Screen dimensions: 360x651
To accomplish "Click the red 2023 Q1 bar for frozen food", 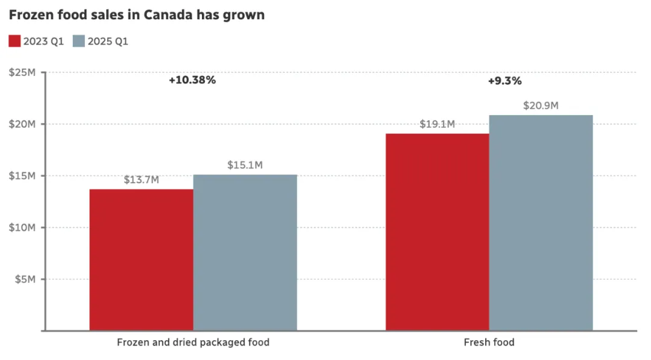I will (x=142, y=260).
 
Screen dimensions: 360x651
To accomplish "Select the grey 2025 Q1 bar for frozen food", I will (x=245, y=253).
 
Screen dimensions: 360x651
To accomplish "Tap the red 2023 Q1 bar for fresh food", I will (x=438, y=232).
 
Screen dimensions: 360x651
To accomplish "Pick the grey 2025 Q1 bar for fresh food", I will (x=541, y=223).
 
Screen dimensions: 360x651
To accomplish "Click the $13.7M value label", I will (x=142, y=180).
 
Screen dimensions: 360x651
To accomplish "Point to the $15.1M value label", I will (x=245, y=165).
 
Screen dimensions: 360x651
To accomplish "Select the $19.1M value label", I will (x=438, y=124).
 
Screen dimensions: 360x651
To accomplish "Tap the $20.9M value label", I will (x=541, y=106).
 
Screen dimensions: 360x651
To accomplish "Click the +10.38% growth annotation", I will (x=192, y=80).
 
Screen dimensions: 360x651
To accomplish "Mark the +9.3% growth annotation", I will (x=505, y=80).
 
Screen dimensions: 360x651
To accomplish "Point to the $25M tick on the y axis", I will (x=23, y=72).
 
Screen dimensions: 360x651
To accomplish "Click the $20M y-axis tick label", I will (x=23, y=124).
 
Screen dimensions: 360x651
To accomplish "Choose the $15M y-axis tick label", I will (x=23, y=175).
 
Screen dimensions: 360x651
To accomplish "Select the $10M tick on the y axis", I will (x=23, y=227).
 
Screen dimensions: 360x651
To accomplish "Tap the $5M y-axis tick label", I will (x=25, y=279).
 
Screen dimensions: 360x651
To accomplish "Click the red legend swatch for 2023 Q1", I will (x=14, y=41).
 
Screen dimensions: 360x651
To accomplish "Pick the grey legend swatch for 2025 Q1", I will (x=78, y=41).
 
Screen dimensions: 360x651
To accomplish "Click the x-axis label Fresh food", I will (x=489, y=343).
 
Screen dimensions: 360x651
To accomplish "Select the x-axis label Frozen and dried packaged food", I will (x=193, y=343).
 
